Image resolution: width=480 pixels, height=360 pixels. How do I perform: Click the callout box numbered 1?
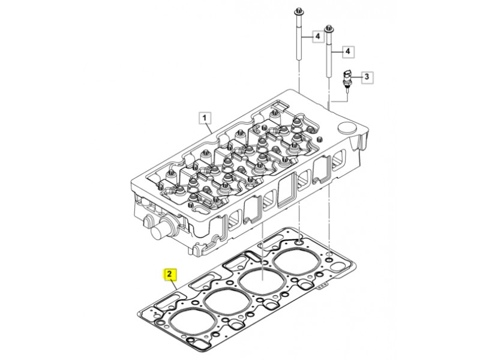(x=205, y=118)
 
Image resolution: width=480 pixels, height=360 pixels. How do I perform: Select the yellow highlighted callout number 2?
(x=170, y=275)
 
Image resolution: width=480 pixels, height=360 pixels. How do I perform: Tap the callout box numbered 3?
(x=367, y=77)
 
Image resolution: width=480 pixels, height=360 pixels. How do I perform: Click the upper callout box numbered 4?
(x=318, y=37)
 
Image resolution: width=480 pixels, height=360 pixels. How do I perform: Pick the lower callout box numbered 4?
(x=348, y=52)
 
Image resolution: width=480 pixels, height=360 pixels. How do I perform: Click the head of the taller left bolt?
(x=298, y=13)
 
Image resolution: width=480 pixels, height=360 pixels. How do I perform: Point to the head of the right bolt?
(x=329, y=29)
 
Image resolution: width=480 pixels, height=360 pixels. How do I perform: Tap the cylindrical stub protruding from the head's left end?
(x=160, y=231)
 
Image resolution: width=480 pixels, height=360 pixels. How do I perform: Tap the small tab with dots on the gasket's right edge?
(x=322, y=287)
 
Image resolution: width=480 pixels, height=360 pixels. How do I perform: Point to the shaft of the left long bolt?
(x=299, y=38)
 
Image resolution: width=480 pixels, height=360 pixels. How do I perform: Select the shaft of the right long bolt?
(x=329, y=55)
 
